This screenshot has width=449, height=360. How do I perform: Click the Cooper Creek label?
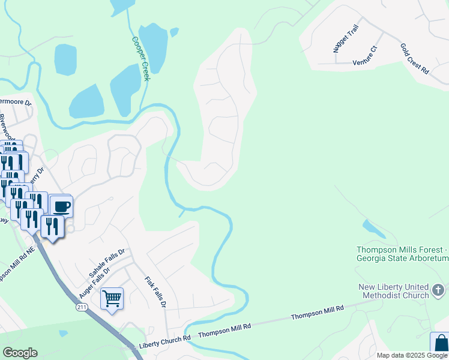142,59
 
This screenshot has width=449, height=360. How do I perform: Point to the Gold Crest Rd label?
415,58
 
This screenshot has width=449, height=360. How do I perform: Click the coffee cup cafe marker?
61,207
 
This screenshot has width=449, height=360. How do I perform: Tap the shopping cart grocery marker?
112,298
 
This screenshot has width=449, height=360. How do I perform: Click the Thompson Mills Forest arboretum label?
403,254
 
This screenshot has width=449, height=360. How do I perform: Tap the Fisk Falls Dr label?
155,292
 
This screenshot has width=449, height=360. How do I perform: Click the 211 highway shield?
81,307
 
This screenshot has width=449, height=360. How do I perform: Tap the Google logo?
20,353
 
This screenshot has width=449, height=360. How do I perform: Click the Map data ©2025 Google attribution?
412,355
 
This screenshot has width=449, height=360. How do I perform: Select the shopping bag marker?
441,344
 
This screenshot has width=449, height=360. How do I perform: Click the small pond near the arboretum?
373,229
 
